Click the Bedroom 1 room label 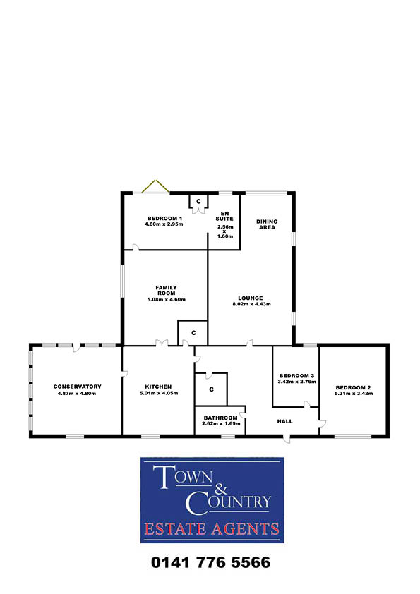point(164,218)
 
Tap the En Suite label point(224,216)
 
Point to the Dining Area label point(267,224)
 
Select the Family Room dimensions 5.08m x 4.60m point(167,299)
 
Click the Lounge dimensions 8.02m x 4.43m point(251,304)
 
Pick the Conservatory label point(78,387)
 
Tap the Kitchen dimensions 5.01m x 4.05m point(159,393)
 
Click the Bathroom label point(221,418)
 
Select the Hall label point(284,421)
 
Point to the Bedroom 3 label point(296,376)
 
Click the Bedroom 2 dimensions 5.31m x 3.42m point(354,393)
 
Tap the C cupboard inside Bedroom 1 point(198,202)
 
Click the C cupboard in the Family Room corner point(193,333)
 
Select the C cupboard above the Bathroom point(211,389)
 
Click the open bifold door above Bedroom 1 point(155,186)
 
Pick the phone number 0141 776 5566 point(211,562)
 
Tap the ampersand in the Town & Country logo point(221,488)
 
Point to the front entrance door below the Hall point(287,439)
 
